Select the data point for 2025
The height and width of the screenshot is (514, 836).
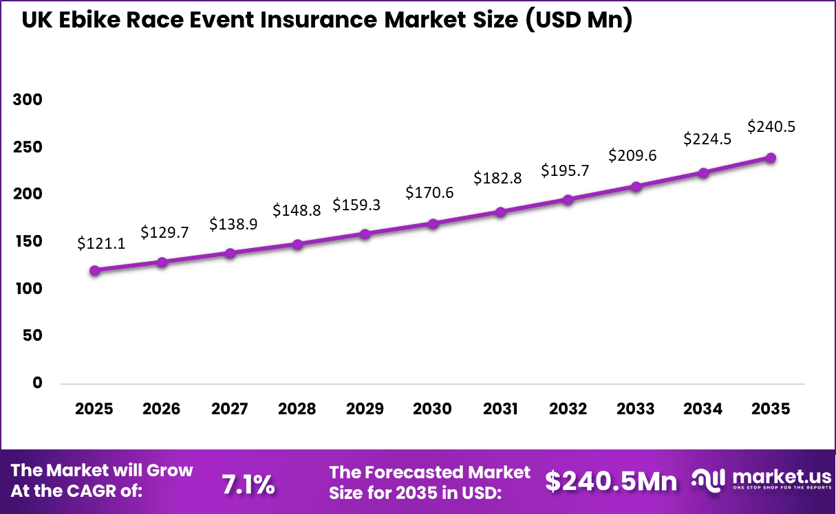tap(94, 270)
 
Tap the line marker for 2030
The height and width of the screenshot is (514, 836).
tap(433, 223)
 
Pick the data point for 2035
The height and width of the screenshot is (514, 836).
tap(771, 158)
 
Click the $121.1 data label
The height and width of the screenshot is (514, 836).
tap(101, 243)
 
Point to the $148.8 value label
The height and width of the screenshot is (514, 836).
tap(297, 210)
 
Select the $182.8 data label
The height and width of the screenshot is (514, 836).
tap(497, 179)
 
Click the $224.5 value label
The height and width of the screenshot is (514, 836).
tap(707, 139)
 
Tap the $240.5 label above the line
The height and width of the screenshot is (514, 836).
tap(771, 126)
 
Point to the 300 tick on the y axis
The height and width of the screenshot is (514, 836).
tap(28, 100)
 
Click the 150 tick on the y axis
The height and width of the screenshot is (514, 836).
tap(28, 241)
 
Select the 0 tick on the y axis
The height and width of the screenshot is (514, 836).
tap(37, 383)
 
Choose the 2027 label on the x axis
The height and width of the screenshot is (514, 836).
tap(229, 409)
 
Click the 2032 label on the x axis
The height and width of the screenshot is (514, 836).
tap(568, 409)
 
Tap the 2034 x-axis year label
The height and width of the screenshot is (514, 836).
tap(703, 409)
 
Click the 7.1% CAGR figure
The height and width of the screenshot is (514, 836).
tap(248, 484)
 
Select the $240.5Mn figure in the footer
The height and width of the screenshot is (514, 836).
tap(611, 482)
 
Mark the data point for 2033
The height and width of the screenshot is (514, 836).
tap(636, 186)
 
